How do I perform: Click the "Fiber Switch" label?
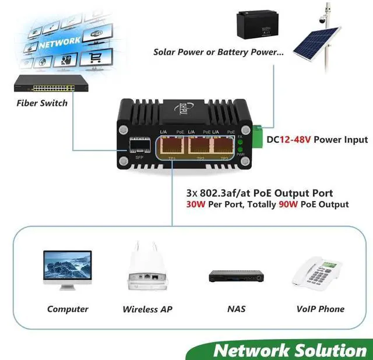point(41,103)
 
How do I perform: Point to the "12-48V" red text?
point(295,140)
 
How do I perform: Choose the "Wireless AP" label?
point(147,309)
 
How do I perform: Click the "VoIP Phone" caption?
point(320,309)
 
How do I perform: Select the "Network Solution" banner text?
point(290,350)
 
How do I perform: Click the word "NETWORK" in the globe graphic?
point(60,42)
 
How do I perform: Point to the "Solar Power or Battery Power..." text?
point(219,52)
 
